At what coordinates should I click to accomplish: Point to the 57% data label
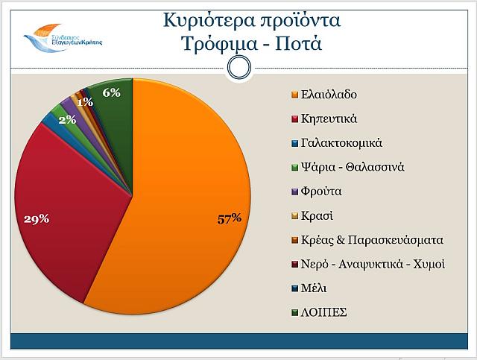[x=229, y=218]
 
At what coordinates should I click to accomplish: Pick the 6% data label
[x=112, y=92]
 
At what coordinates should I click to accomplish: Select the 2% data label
[x=67, y=119]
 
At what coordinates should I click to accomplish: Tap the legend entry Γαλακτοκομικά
[x=337, y=142]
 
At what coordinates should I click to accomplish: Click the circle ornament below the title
[x=238, y=68]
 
